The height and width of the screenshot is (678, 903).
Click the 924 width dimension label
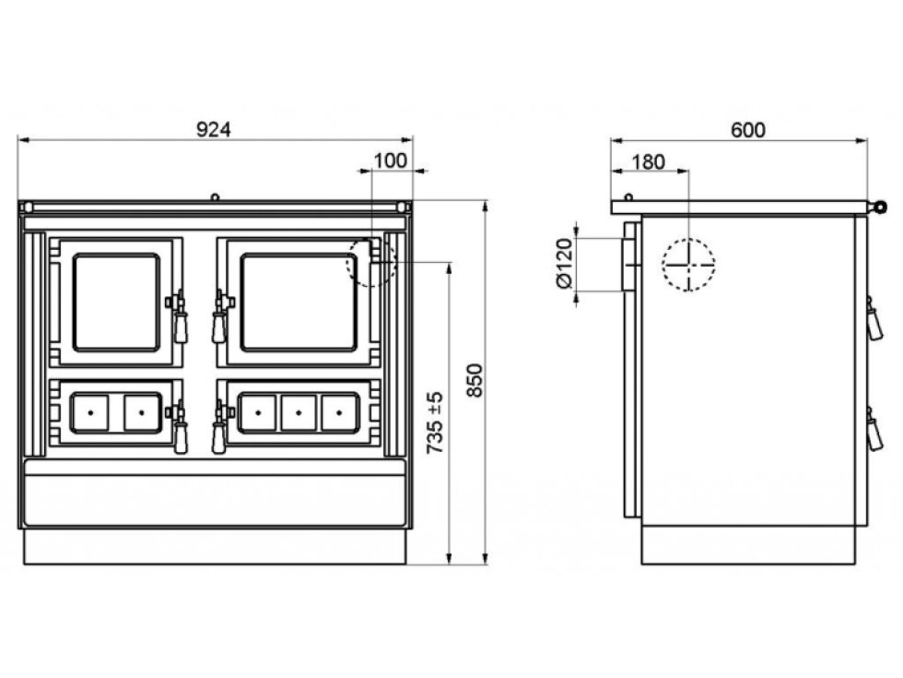point(214,130)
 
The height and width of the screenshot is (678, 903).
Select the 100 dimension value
point(391,161)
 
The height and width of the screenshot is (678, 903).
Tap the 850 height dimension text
point(474,380)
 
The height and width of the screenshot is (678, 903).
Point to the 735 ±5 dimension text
point(435,422)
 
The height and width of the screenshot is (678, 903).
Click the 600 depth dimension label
point(748,130)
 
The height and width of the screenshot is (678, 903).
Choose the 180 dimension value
point(649,162)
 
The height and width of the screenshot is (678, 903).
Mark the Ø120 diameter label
point(565,264)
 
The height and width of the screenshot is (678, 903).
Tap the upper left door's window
point(116,303)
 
